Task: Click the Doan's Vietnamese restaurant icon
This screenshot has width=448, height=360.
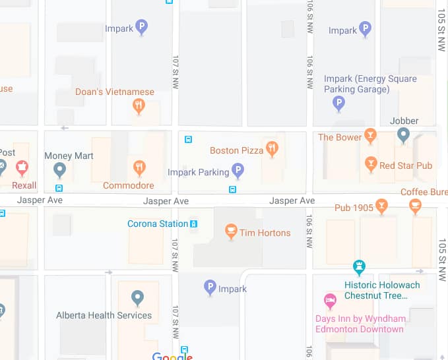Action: coord(139,105)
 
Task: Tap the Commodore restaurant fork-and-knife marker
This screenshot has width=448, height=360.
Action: coord(139,167)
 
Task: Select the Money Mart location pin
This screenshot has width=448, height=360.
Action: coord(60,170)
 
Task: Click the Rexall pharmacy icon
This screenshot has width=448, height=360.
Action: coord(22,166)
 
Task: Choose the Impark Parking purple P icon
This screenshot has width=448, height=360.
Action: coord(239,171)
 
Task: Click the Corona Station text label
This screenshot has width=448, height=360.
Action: coord(158,224)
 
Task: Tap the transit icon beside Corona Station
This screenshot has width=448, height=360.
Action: coord(194,224)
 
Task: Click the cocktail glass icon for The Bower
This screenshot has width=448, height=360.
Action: coord(370,136)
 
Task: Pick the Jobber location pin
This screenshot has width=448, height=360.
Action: coord(404,135)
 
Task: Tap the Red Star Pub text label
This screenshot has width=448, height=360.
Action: coord(406,165)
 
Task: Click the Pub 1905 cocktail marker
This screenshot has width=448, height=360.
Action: coord(381,206)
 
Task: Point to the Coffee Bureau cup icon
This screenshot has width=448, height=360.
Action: coord(415,206)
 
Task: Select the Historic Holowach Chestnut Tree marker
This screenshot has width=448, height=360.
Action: coord(359,267)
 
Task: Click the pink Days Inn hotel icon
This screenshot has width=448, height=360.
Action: coord(329,301)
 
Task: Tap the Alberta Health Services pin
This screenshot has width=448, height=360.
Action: coord(137,298)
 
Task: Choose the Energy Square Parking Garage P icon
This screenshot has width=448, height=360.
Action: coord(338,103)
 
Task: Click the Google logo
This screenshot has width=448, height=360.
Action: coord(172,357)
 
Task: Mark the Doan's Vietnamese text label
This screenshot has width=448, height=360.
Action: coord(115,92)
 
